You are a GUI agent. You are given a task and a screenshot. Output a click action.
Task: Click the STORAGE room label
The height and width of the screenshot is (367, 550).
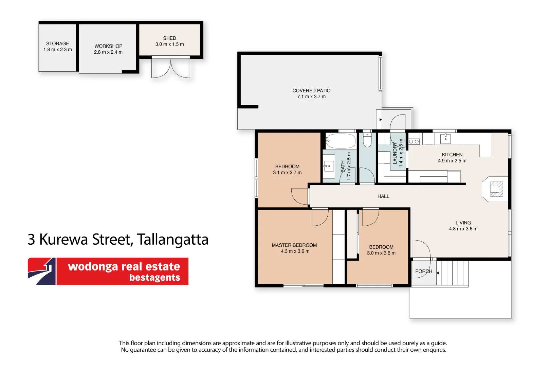click(x=57, y=43)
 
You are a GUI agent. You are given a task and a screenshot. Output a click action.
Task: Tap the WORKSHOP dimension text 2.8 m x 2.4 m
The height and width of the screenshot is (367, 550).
click(x=108, y=52)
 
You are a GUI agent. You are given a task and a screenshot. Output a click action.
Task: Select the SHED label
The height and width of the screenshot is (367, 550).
click(x=169, y=38)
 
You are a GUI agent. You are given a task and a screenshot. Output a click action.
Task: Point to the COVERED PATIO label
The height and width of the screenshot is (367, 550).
click(x=311, y=91)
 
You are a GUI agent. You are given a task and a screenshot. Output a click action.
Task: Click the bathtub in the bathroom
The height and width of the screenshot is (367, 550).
click(x=341, y=141)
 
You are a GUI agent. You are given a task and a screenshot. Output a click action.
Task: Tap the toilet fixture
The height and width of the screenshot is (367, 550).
click(x=367, y=140)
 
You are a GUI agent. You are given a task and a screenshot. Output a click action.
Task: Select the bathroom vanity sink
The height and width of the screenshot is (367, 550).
click(x=329, y=167)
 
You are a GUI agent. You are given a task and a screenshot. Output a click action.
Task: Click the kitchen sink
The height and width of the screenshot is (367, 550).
click(x=445, y=139)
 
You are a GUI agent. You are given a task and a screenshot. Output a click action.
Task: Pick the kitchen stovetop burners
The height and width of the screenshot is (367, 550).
click(x=414, y=141)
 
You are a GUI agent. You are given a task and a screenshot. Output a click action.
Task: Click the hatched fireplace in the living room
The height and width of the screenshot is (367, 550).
click(x=496, y=189)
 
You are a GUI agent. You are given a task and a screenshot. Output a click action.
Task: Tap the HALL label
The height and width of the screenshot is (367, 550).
click(x=383, y=196)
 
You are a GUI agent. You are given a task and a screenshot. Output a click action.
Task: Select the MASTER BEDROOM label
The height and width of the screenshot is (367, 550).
click(x=294, y=245)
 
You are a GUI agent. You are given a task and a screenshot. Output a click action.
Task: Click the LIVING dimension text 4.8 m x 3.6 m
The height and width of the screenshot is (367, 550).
click(x=463, y=229)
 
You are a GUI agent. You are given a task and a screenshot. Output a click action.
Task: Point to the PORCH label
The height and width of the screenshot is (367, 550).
click(x=423, y=272)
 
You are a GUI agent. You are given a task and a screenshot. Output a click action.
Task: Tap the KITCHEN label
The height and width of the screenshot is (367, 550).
click(x=452, y=155)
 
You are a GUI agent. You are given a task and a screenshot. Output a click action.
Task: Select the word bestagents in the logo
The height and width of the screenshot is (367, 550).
click(x=154, y=278)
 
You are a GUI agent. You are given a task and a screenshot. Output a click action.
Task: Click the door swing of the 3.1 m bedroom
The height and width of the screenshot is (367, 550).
click(x=299, y=196)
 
